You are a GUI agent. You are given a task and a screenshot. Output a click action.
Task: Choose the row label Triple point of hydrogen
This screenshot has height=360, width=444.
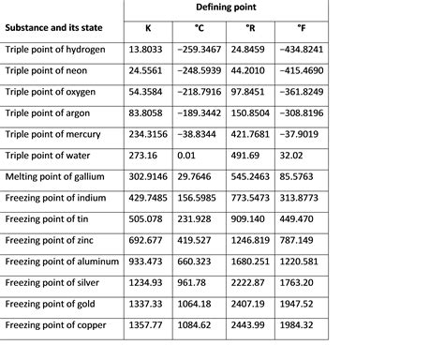62,48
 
